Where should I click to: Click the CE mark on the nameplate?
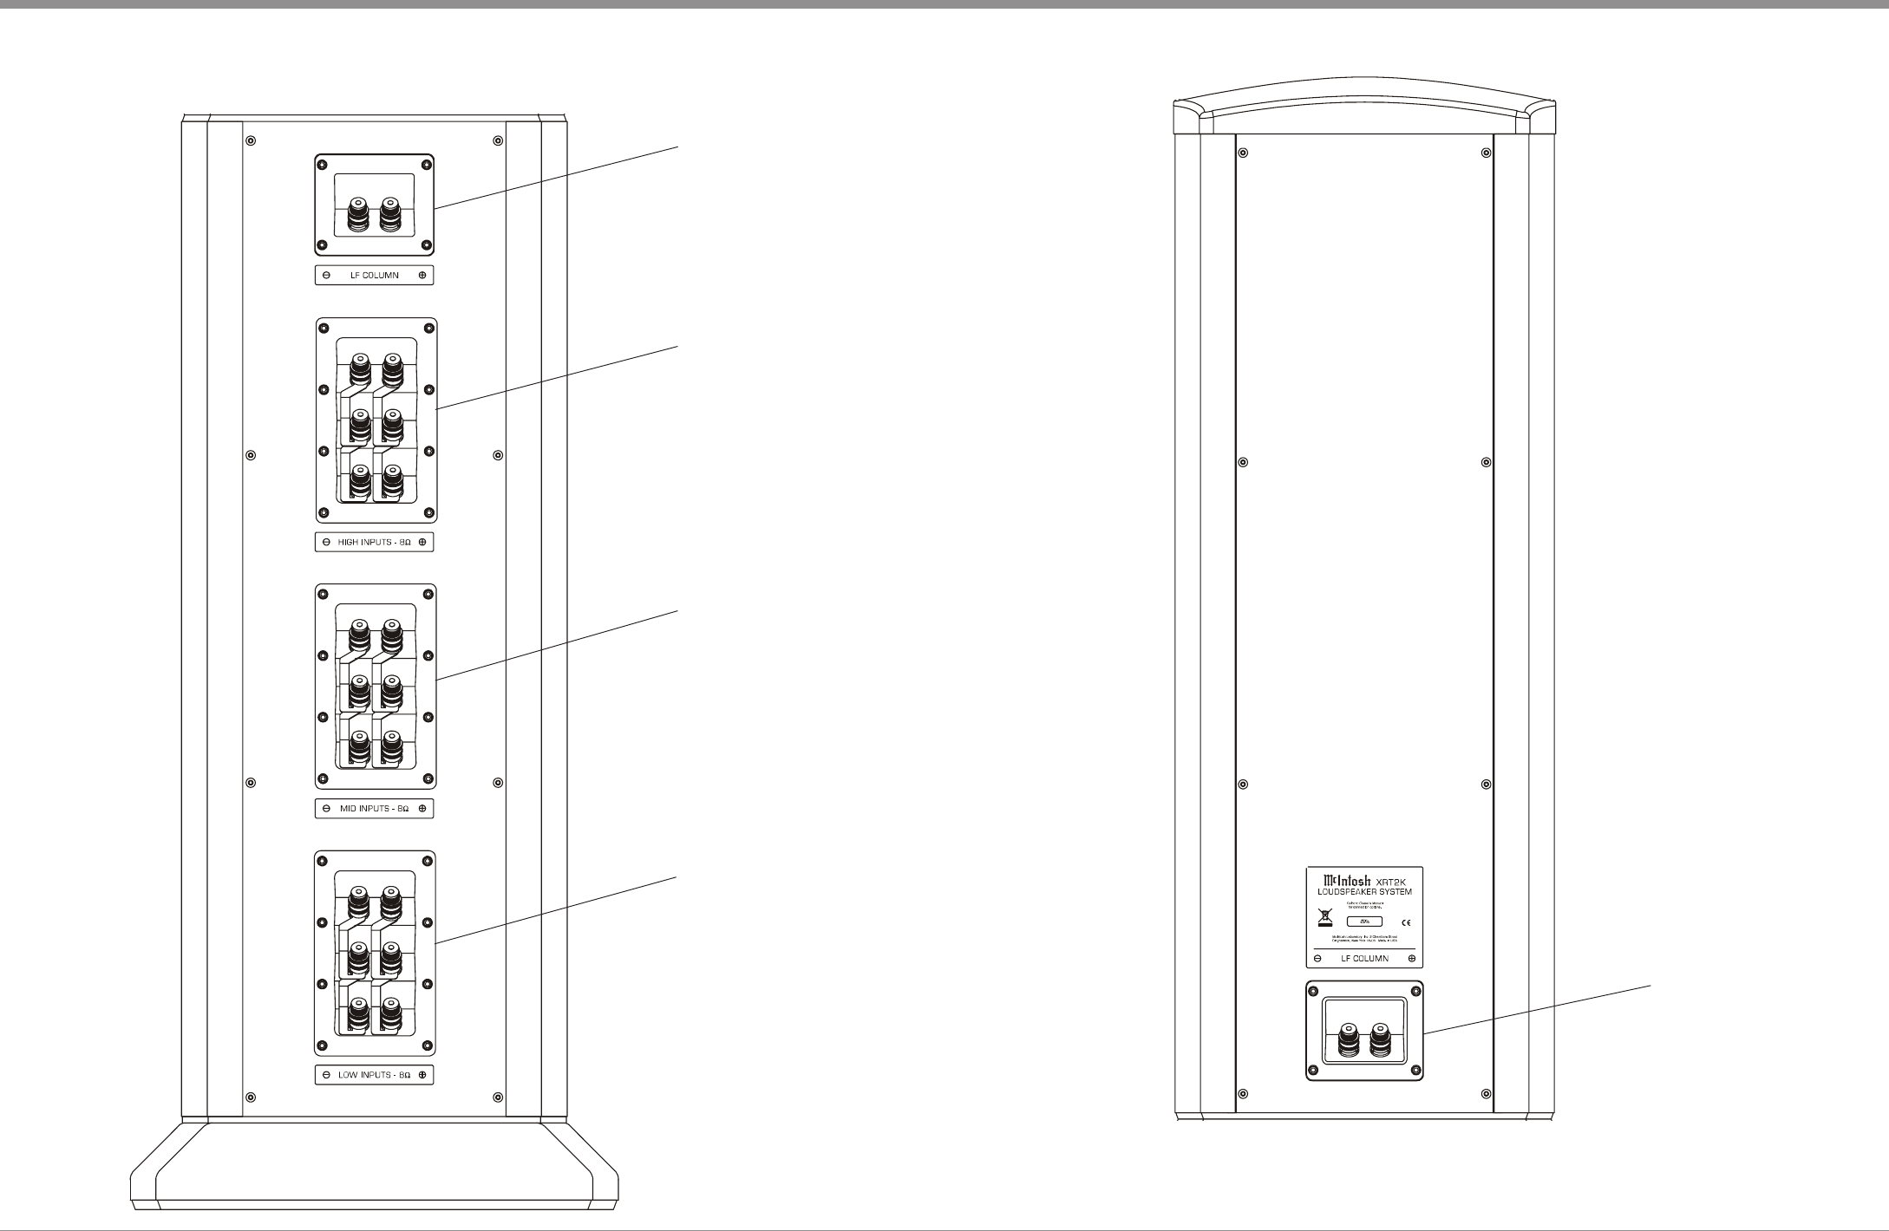[x=1406, y=922]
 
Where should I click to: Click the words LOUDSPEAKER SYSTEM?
[x=1364, y=892]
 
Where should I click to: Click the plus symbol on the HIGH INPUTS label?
[x=422, y=543]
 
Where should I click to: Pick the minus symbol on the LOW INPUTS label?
[x=325, y=1075]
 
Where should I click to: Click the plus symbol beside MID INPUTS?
[x=422, y=809]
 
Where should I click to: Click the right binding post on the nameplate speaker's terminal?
[x=1378, y=1038]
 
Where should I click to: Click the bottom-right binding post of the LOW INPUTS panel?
[x=391, y=1012]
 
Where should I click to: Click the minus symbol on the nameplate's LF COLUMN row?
[x=1317, y=958]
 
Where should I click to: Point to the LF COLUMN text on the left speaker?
[x=374, y=276]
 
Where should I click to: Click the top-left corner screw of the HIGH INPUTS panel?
[x=324, y=329]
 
